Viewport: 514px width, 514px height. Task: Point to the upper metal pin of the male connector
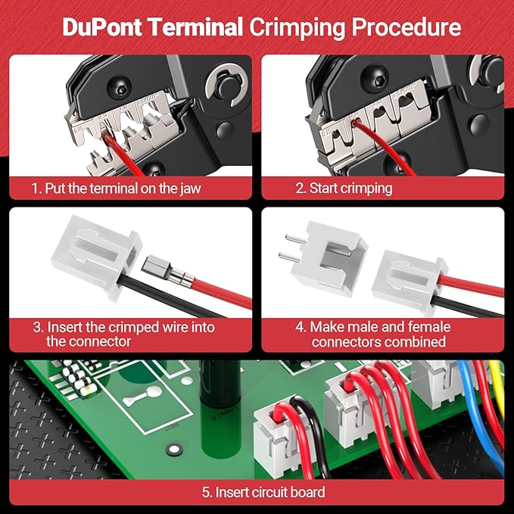287,236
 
